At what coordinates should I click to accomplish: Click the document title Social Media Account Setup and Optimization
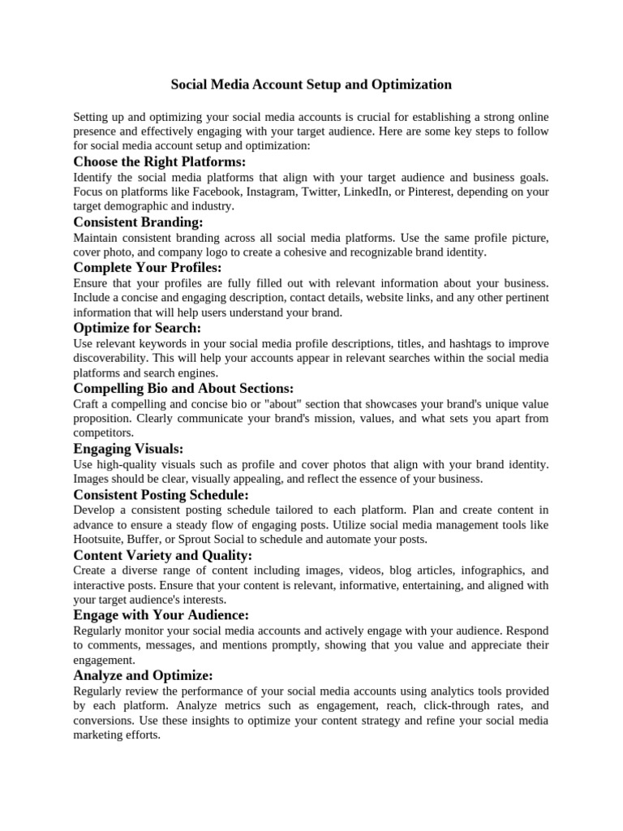[x=311, y=84]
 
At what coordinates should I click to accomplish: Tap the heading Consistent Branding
[x=138, y=222]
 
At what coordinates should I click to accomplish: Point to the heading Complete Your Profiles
[x=147, y=267]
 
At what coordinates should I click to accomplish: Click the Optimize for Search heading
[x=137, y=328]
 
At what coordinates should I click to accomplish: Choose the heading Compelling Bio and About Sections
[x=183, y=389]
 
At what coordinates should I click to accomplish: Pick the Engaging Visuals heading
[x=128, y=449]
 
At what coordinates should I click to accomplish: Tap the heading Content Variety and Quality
[x=163, y=555]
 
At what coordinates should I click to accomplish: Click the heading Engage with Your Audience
[x=161, y=615]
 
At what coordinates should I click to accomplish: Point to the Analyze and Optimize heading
[x=143, y=676]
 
